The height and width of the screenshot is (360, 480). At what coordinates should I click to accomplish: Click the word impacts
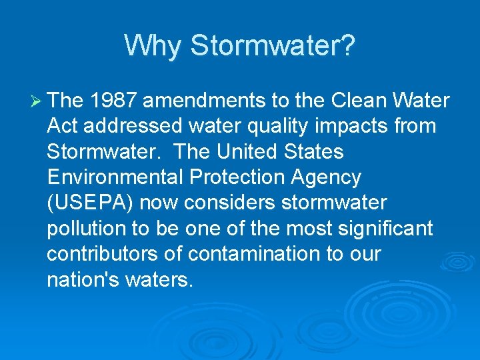click(x=351, y=126)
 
